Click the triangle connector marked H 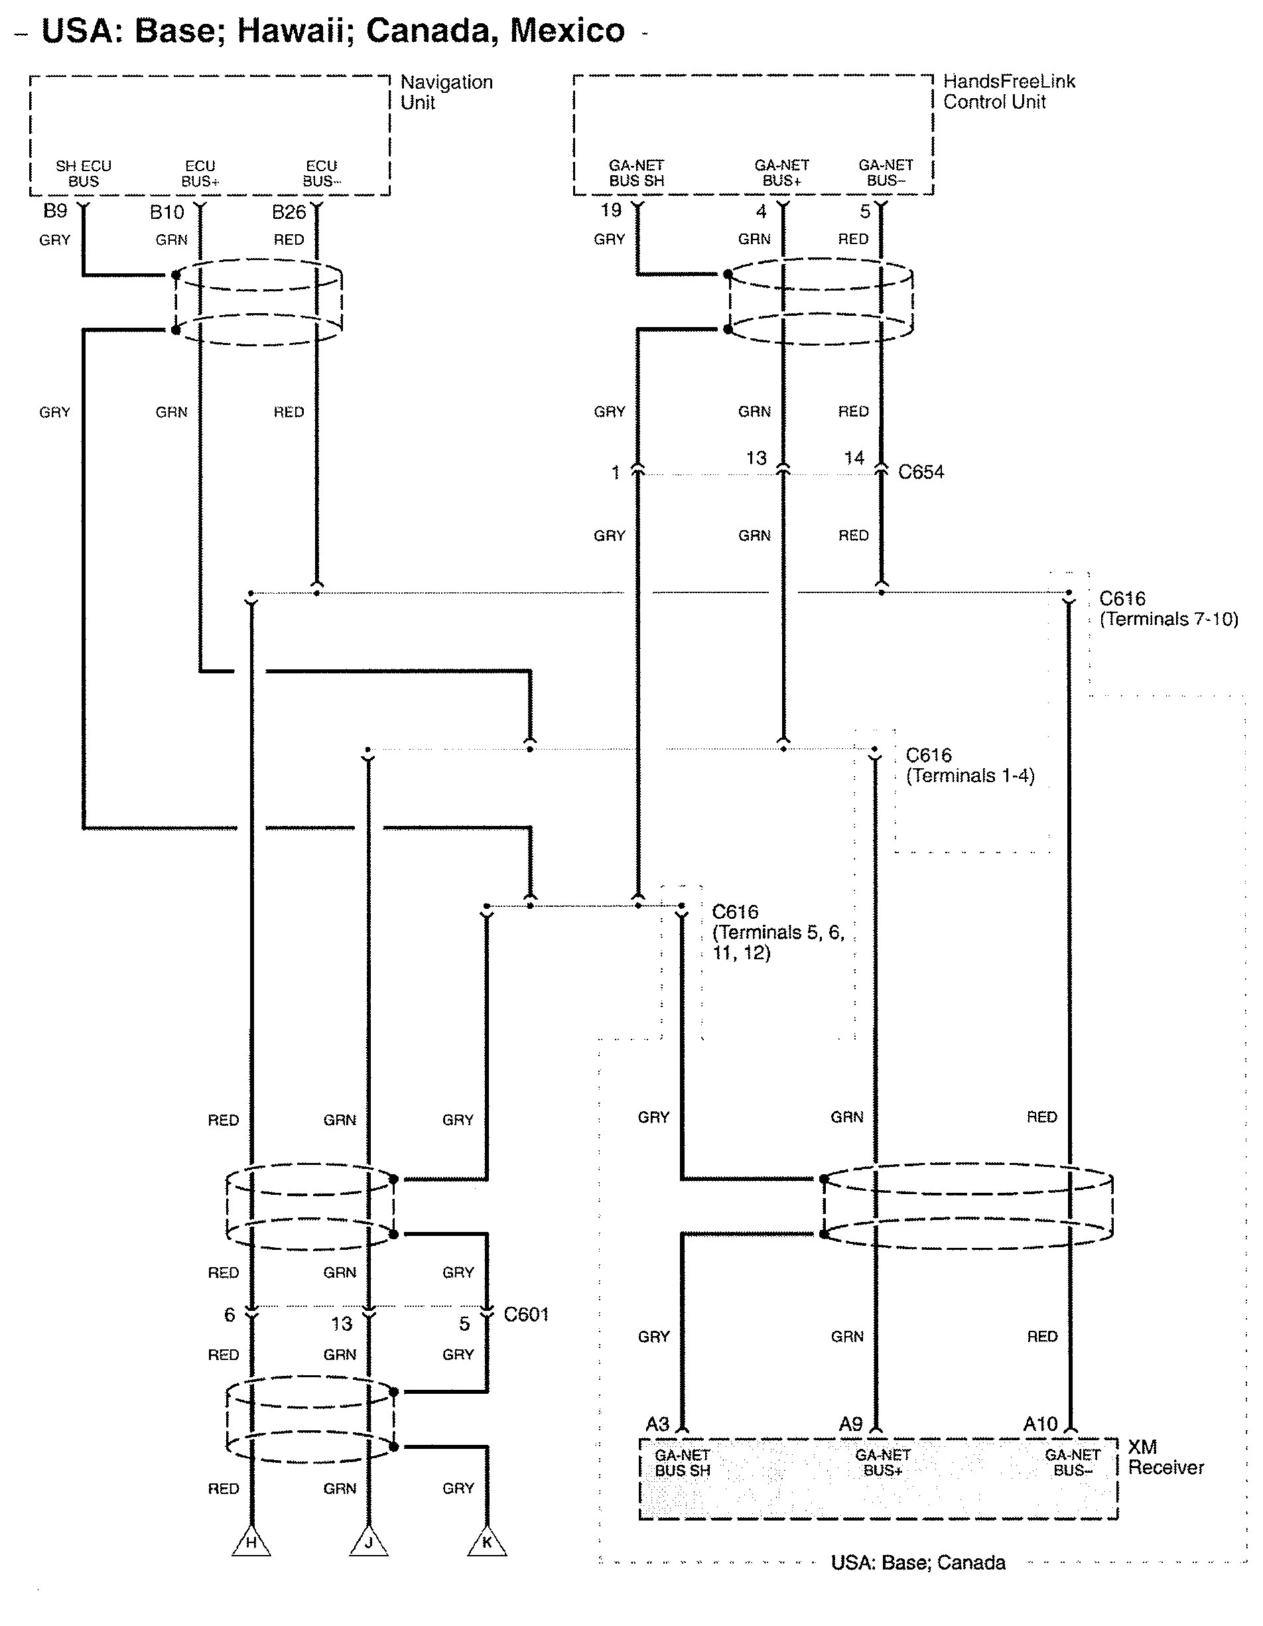pos(251,1542)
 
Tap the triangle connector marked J pos(368,1542)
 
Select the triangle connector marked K pos(487,1542)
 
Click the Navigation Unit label pos(446,92)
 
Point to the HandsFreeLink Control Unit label pos(1008,92)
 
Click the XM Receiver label pos(1165,1457)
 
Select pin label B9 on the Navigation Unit pos(55,212)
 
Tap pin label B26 pos(289,213)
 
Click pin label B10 pos(166,213)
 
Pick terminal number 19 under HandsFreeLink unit pos(611,211)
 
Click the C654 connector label pos(921,472)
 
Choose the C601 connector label pos(525,1314)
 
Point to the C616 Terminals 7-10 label pos(1167,609)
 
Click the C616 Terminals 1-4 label pos(969,766)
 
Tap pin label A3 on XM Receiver pos(657,1424)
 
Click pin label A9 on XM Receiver pos(850,1424)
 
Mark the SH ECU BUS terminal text pos(84,173)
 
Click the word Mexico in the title pos(567,31)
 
